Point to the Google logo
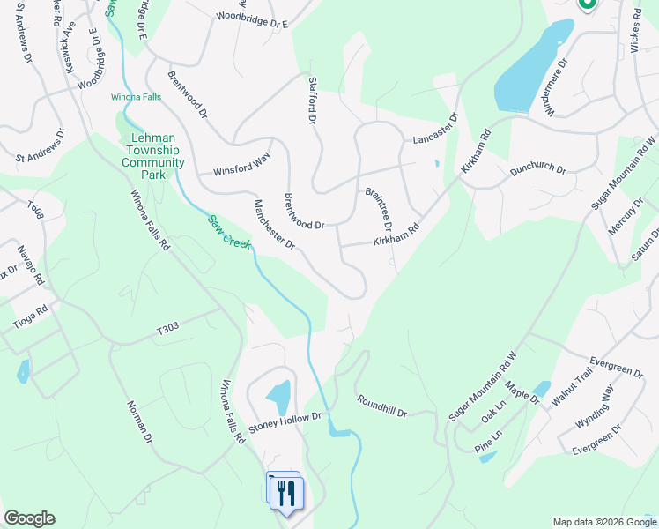click(29, 518)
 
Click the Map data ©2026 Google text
click(604, 522)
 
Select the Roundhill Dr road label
click(381, 406)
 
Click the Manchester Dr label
click(274, 225)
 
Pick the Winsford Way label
click(235, 165)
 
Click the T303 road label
click(167, 328)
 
